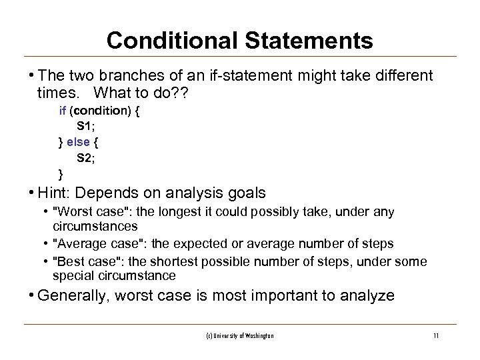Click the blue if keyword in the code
click(x=63, y=112)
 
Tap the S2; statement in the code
click(x=86, y=159)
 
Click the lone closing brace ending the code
click(x=62, y=175)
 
